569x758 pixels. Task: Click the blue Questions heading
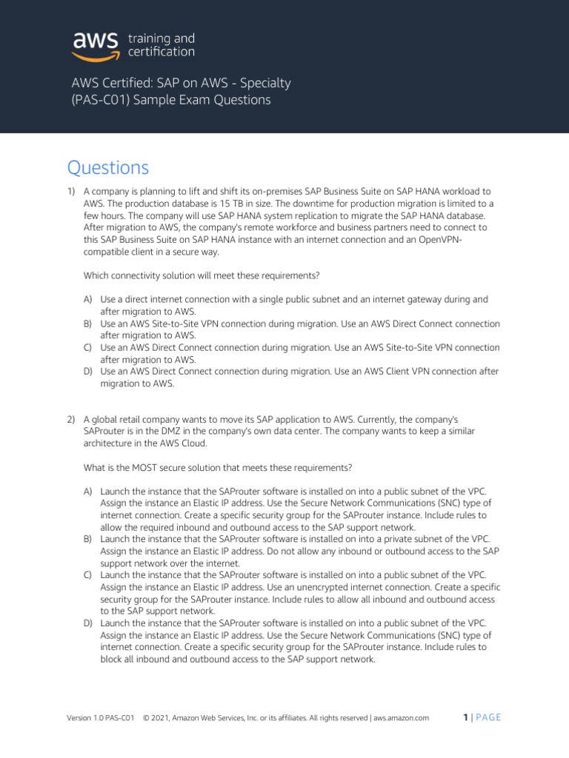click(108, 168)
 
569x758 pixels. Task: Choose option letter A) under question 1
click(88, 299)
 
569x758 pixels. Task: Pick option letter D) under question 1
click(88, 371)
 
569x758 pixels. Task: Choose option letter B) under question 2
click(88, 539)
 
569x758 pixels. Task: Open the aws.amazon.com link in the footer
click(402, 717)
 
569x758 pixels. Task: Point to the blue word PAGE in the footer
click(488, 717)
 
